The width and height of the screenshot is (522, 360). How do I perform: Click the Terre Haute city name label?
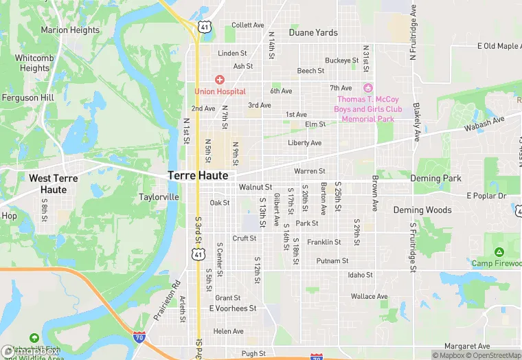pos(198,176)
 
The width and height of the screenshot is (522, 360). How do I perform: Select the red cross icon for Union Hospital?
pos(220,80)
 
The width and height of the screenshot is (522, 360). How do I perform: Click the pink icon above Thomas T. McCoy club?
pos(367,88)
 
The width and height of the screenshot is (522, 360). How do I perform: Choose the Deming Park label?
pos(435,179)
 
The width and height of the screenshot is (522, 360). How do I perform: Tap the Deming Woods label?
pos(422,210)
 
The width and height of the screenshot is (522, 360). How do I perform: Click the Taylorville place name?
pos(159,197)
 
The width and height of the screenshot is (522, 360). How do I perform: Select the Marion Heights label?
pos(70,30)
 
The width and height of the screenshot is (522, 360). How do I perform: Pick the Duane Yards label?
pos(313,32)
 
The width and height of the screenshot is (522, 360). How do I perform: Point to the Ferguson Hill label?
pos(28,98)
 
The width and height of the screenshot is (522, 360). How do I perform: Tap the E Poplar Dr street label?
pos(486,196)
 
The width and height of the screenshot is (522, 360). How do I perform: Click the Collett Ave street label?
pos(248,25)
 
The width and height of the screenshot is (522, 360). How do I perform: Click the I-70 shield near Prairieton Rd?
pos(140,337)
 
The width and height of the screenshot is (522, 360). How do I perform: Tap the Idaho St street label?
pos(360,275)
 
